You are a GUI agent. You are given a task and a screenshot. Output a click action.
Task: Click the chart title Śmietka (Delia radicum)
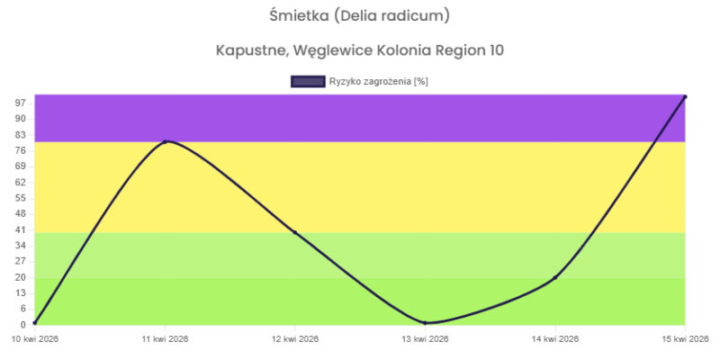point(360,15)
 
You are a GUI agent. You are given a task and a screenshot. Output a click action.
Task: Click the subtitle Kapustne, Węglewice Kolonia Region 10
point(360,49)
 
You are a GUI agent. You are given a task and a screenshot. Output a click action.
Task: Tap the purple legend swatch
point(307,82)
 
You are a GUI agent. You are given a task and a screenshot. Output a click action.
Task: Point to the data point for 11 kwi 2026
point(166,141)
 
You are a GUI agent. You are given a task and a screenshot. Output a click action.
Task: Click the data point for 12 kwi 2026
point(295,233)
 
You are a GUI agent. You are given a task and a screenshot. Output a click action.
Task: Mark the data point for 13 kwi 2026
point(425,322)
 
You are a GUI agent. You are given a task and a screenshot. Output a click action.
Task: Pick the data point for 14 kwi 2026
point(555,277)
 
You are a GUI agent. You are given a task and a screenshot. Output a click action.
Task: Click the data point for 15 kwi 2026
point(685,96)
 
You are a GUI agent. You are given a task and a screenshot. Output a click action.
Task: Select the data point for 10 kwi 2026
point(35,322)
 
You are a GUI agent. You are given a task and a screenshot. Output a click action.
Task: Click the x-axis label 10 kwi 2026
point(35,339)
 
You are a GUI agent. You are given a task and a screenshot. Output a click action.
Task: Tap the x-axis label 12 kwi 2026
point(295,339)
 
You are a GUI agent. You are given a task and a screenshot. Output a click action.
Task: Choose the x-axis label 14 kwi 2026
point(555,339)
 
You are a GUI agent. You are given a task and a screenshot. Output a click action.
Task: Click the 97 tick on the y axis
point(21,103)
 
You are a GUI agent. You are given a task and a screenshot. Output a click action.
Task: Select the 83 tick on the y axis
point(21,135)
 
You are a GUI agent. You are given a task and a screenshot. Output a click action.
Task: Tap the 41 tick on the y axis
point(21,229)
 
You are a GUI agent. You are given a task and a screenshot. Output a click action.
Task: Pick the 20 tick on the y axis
point(21,277)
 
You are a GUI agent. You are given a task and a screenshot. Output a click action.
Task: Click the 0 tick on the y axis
point(23,324)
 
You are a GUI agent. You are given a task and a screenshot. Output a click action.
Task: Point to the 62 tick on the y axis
point(21,182)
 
